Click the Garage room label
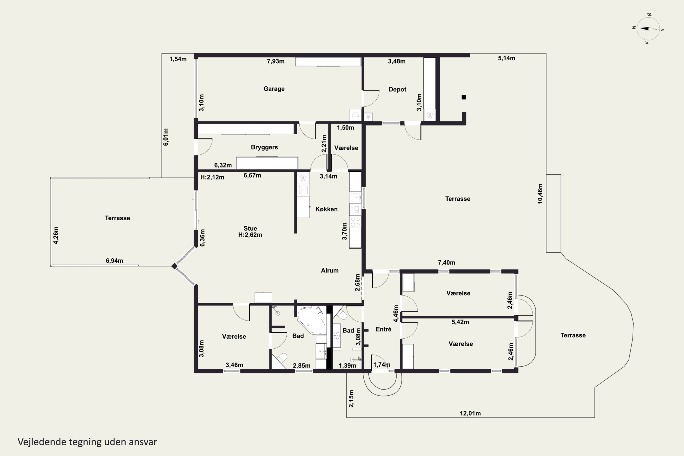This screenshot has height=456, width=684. click(274, 89)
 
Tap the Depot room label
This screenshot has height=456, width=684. click(397, 89)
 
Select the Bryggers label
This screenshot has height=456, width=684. click(264, 147)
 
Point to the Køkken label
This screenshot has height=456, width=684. click(326, 209)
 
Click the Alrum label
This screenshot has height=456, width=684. click(329, 270)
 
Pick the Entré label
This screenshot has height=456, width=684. click(383, 329)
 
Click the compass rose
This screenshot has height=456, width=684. click(648, 29)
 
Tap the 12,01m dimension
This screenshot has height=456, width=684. click(470, 413)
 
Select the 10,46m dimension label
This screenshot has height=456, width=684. click(540, 194)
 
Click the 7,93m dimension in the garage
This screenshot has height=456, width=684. click(276, 61)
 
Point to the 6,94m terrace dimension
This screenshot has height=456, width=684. click(114, 261)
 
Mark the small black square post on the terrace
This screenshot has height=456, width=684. click(464, 97)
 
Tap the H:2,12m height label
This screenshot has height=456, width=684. click(212, 177)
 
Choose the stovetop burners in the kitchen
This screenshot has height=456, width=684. click(355, 222)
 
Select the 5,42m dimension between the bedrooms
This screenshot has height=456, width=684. click(460, 322)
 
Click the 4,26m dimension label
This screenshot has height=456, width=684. click(56, 235)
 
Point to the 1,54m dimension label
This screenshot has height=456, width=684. click(178, 59)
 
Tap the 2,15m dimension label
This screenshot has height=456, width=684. click(351, 399)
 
